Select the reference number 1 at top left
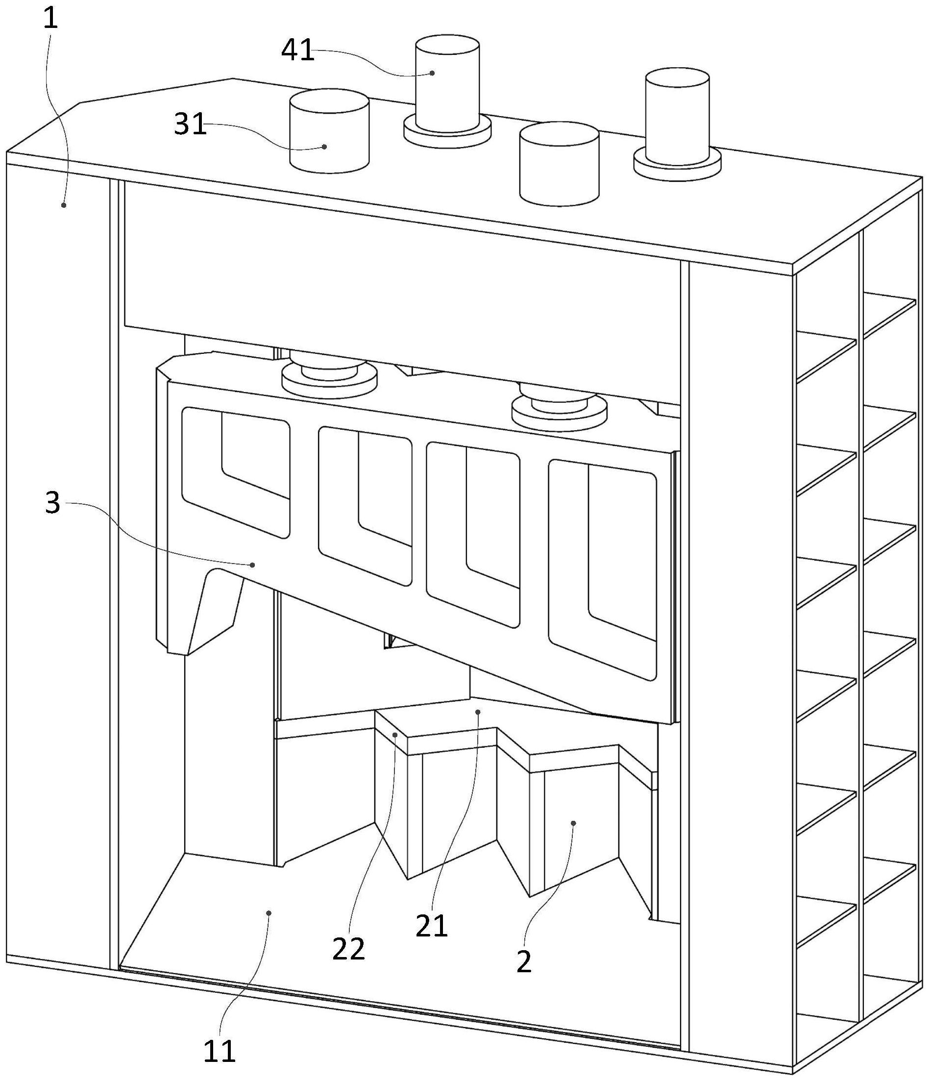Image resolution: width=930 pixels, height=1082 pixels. (x=50, y=19)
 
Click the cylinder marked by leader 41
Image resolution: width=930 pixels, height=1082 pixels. (x=447, y=78)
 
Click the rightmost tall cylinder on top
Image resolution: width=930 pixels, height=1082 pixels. (x=677, y=118)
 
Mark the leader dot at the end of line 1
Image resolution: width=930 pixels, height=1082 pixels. (x=64, y=205)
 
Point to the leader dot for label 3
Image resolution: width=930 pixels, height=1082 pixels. (x=253, y=564)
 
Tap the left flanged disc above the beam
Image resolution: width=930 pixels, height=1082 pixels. (x=329, y=376)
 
